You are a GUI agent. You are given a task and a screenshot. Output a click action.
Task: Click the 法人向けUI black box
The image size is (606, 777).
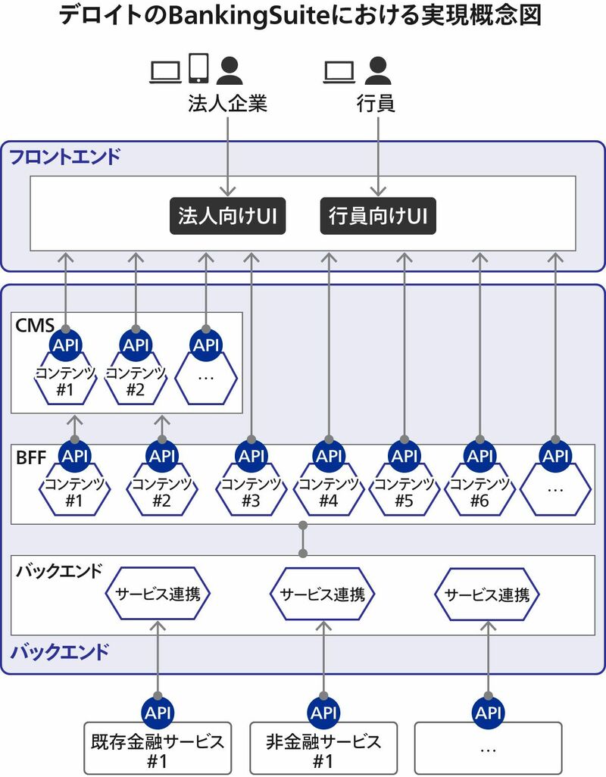(x=226, y=216)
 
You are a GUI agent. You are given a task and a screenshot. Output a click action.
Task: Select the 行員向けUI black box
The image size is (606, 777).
(x=378, y=216)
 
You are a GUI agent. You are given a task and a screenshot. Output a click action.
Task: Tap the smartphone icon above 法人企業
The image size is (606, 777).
(x=198, y=68)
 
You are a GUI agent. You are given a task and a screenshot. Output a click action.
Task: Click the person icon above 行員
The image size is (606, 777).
(x=377, y=70)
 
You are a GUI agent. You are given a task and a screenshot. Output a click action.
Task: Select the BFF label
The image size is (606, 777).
(x=31, y=457)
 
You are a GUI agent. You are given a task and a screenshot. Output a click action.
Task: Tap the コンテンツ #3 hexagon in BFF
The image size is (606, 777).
(x=251, y=491)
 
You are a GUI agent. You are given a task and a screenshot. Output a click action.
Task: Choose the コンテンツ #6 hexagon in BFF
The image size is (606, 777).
(x=479, y=491)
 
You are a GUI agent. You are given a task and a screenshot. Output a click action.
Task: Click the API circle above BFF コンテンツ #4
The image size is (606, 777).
(x=329, y=456)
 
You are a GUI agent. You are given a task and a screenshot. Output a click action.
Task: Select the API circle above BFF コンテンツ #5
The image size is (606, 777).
(x=405, y=456)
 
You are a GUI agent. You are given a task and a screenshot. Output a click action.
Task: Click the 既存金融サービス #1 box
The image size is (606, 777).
(x=158, y=748)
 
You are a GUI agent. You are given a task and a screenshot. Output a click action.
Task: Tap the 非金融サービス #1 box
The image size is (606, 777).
(x=323, y=748)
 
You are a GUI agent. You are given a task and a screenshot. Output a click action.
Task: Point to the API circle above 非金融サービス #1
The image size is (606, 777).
(x=323, y=713)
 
